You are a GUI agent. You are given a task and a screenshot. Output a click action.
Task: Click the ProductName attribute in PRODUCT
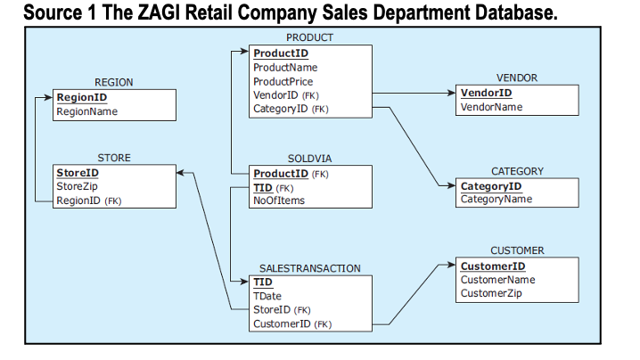click(285, 68)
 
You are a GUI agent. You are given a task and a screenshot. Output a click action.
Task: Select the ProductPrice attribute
click(284, 81)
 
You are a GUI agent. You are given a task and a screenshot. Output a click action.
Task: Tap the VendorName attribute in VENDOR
click(491, 107)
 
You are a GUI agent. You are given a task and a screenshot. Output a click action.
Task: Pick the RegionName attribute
click(86, 111)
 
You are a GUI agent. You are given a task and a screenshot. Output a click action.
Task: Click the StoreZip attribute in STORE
click(77, 186)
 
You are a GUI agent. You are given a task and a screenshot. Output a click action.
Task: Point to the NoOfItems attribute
click(279, 200)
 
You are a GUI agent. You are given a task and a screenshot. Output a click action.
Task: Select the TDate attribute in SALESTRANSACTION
click(268, 295)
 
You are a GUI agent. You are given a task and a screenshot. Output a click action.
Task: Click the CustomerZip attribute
click(492, 293)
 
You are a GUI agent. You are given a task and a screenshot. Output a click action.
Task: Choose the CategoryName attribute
click(496, 199)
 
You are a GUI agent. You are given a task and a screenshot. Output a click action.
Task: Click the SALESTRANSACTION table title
click(309, 267)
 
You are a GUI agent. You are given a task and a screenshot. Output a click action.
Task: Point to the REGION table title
click(114, 82)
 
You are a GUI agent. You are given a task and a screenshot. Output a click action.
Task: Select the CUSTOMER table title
click(517, 251)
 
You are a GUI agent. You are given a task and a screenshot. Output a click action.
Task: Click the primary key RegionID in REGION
click(82, 97)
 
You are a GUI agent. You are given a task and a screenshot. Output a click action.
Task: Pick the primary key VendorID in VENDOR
click(486, 93)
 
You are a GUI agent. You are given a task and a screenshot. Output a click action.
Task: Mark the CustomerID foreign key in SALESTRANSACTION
click(281, 323)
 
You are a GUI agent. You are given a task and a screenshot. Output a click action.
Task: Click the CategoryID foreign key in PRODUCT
click(281, 109)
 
